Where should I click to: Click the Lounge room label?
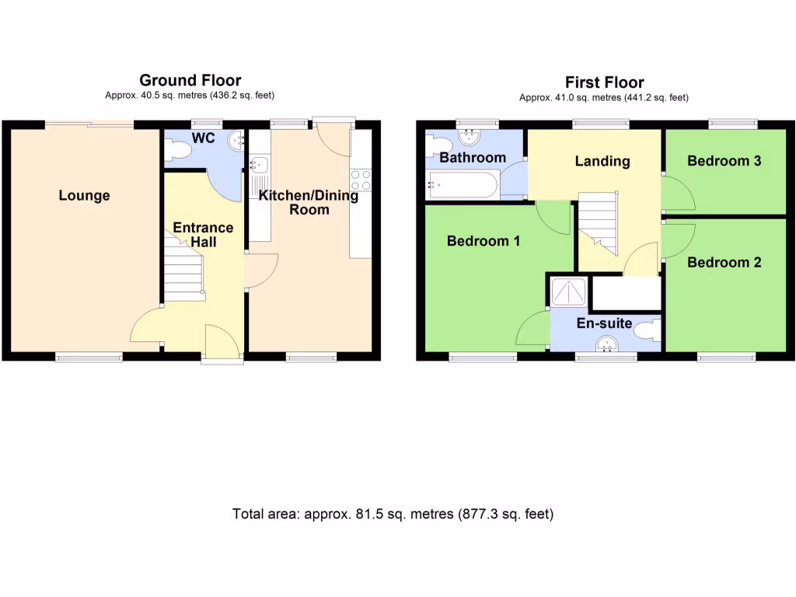(x=84, y=196)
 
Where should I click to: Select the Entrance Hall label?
(x=203, y=235)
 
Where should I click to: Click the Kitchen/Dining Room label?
(x=309, y=202)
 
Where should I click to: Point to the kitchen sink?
(x=260, y=165)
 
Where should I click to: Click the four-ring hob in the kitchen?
(x=361, y=180)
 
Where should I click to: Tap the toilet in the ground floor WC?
(x=179, y=153)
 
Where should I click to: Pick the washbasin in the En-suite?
(x=606, y=344)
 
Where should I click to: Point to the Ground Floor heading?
(x=190, y=80)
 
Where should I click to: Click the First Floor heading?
(x=604, y=82)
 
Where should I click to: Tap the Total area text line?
(x=393, y=514)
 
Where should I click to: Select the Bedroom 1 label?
(x=484, y=241)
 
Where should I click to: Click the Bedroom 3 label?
(x=724, y=161)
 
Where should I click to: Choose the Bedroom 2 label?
(x=724, y=262)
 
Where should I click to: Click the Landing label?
(x=602, y=162)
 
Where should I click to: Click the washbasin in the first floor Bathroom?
(x=469, y=138)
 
